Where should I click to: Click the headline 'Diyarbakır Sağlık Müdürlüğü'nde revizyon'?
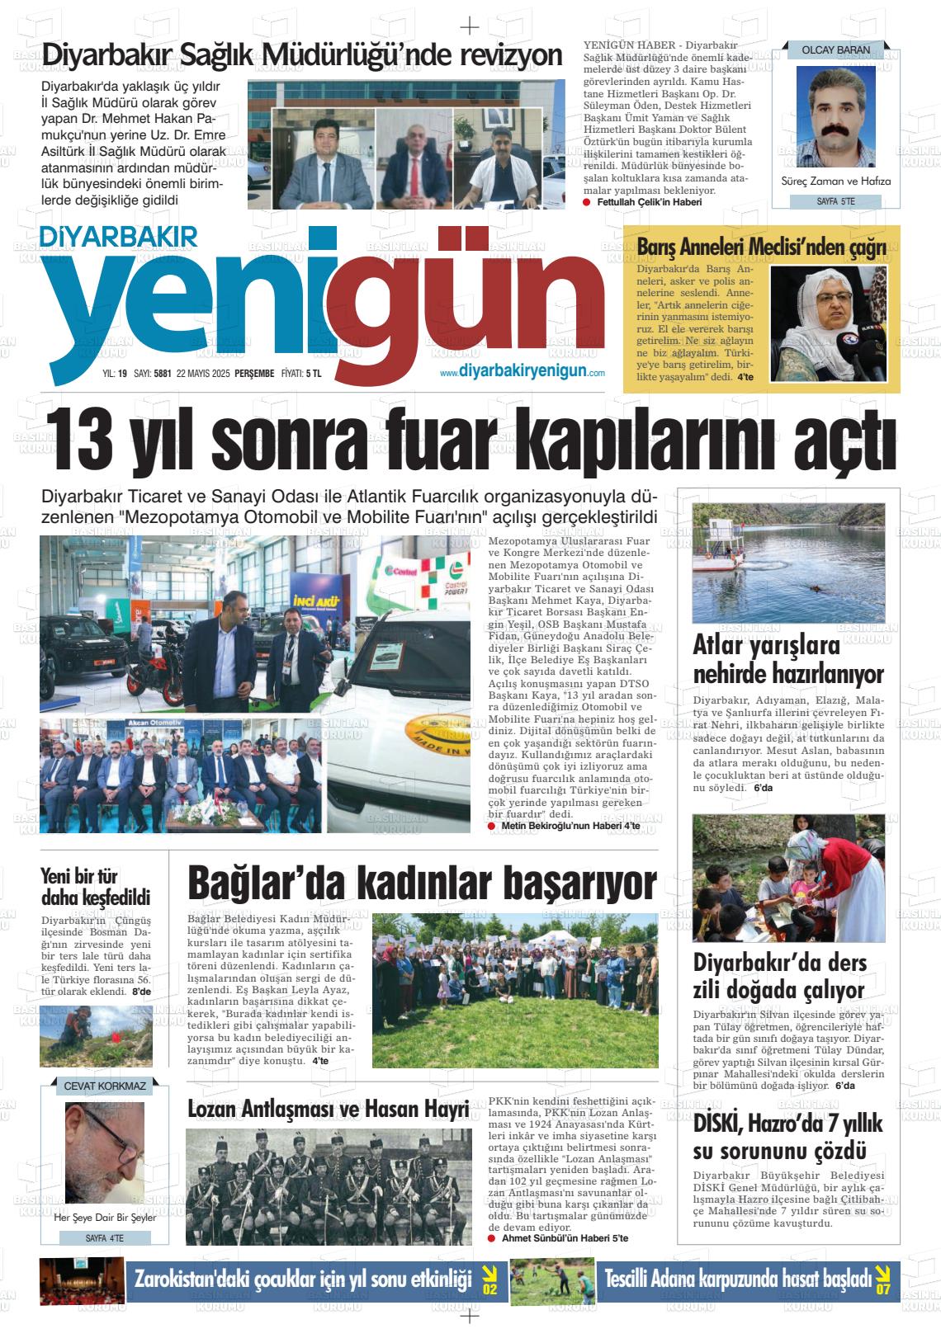pos(302,55)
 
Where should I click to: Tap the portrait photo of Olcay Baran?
pos(835,116)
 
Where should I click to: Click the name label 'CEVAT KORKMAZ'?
pos(105,1086)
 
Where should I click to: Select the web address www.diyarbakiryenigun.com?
pos(523,373)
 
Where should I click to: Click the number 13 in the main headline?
pos(86,437)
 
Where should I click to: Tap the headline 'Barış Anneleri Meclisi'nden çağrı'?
pos(761,247)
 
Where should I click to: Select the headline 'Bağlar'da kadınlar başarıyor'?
pos(422,882)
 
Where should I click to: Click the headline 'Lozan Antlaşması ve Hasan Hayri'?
pos(329,1109)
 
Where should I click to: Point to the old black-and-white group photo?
pos(329,1185)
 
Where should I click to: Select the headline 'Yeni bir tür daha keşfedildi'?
pos(95,887)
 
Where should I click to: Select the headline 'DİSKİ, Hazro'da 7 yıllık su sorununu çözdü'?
pos(787,1136)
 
